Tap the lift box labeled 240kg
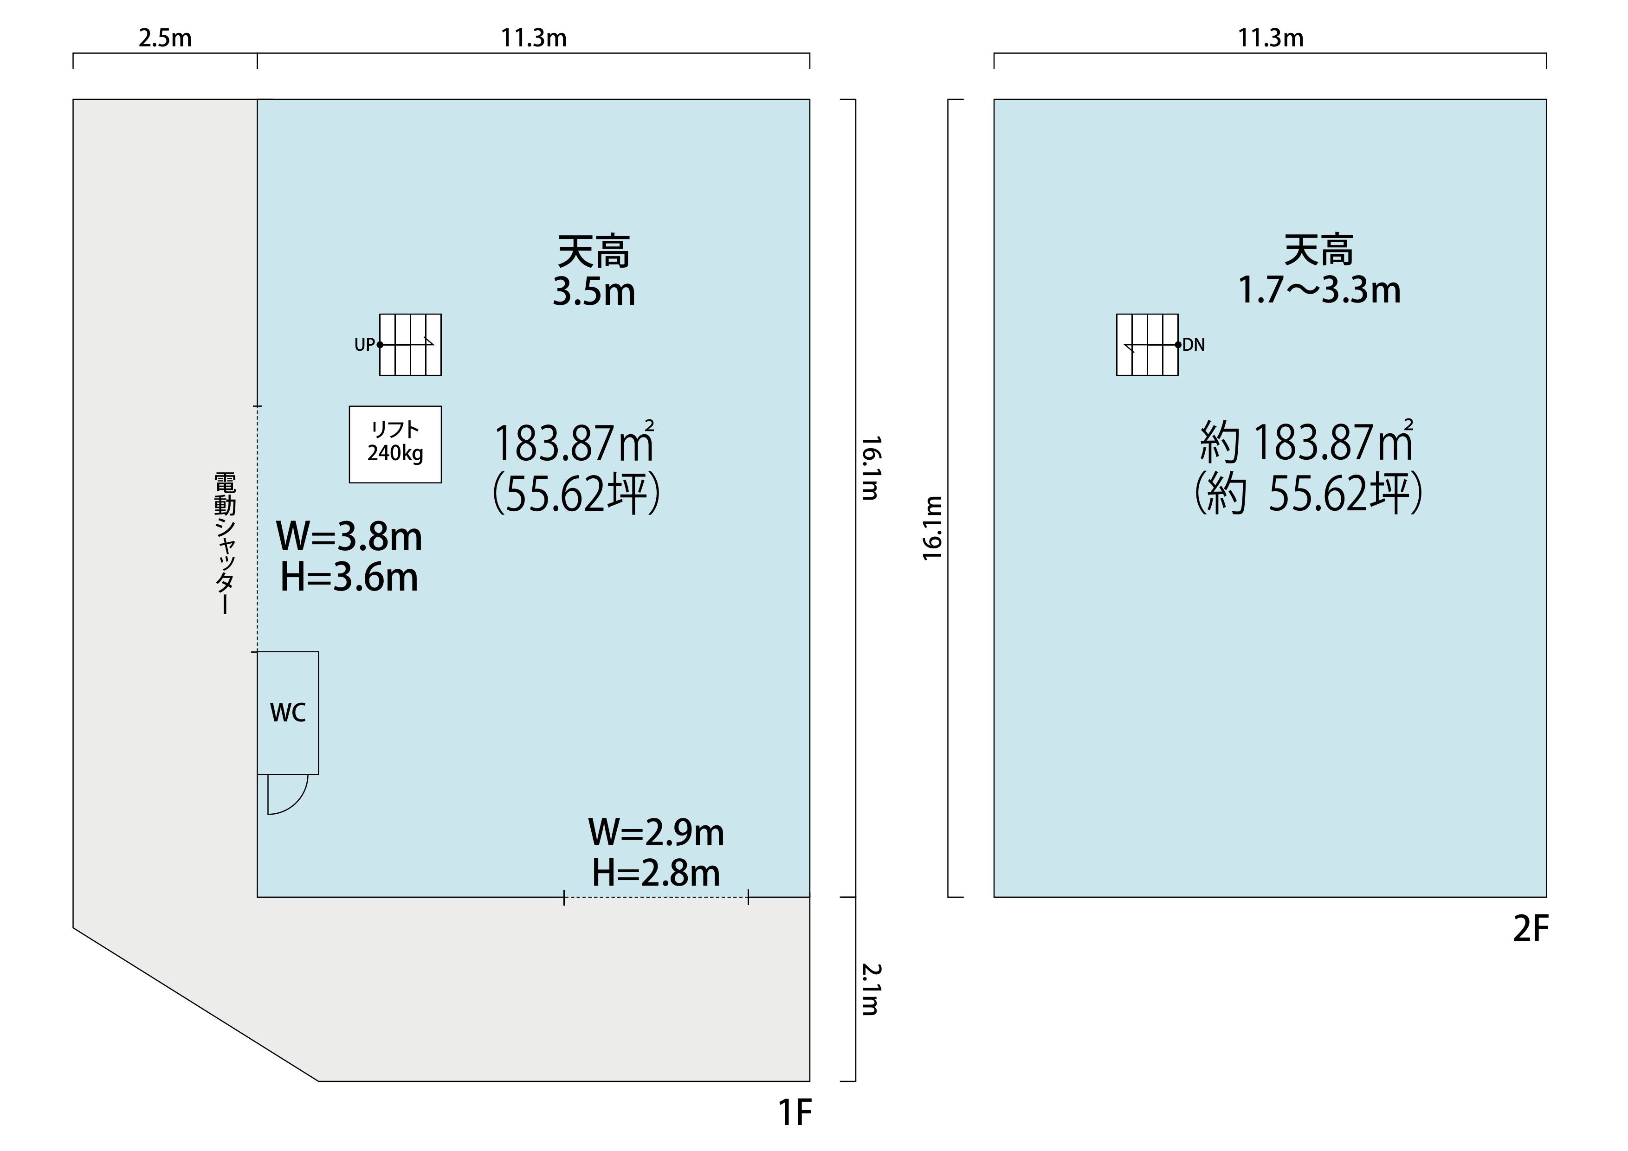coord(395,444)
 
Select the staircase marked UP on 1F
coord(411,344)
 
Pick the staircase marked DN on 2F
coord(1147,344)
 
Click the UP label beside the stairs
coord(364,345)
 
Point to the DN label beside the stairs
coord(1194,345)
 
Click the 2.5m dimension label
coord(165,38)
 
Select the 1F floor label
coord(795,1113)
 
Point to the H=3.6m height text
coord(349,577)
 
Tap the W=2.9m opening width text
coord(656,832)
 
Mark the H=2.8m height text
coord(656,873)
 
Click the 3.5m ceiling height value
coord(594,291)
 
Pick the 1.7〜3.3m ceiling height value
coord(1319,290)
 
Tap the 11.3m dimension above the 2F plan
coord(1271,38)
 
